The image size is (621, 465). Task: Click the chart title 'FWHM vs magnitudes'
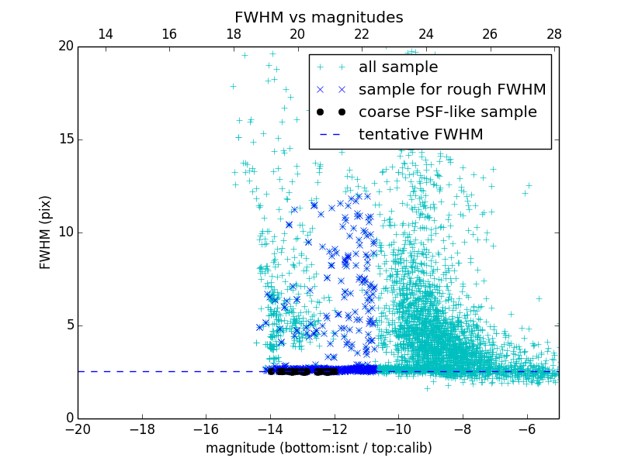[x=318, y=17]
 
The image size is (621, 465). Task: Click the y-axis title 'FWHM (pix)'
[x=46, y=232]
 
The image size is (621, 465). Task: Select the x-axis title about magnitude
[x=318, y=448]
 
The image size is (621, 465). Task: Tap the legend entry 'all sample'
[x=397, y=67]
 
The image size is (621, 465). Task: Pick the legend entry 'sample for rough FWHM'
[x=452, y=90]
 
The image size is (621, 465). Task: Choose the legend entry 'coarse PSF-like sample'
[x=447, y=112]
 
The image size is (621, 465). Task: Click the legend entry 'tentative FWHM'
[x=420, y=135]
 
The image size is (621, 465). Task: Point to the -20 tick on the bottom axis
[x=78, y=429]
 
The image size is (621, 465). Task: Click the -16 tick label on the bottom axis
[x=206, y=429]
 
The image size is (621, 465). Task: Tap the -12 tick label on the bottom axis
[x=334, y=429]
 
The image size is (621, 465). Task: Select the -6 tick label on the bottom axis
[x=526, y=429]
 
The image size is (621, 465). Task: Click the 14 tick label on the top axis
[x=105, y=34]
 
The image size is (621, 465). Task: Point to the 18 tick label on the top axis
[x=233, y=34]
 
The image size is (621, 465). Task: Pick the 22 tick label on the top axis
[x=362, y=34]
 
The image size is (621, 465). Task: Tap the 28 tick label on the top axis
[x=554, y=34]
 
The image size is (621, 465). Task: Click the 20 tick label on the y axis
[x=64, y=46]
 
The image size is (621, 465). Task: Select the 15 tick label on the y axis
[x=64, y=139]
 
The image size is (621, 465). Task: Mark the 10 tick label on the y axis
[x=64, y=232]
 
